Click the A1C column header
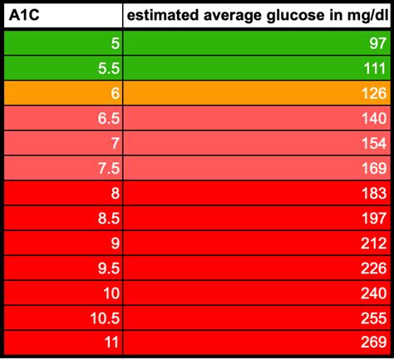[24, 15]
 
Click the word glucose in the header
[296, 16]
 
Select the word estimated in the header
[163, 15]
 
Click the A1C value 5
[116, 43]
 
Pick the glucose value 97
[378, 43]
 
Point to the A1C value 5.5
[109, 68]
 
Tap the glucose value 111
[375, 68]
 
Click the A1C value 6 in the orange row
[116, 93]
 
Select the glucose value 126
[374, 93]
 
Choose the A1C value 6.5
[109, 118]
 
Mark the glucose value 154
[374, 143]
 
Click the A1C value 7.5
[109, 168]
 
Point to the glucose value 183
[374, 193]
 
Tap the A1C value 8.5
[109, 218]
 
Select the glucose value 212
[374, 243]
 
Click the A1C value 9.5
[109, 268]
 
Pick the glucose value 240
[374, 293]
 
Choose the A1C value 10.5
[106, 318]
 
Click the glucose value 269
[374, 342]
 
